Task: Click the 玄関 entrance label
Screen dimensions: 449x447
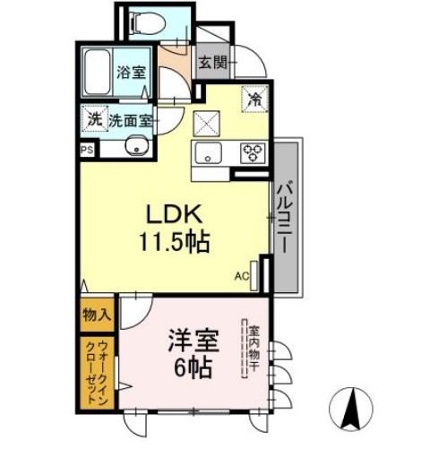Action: point(212,64)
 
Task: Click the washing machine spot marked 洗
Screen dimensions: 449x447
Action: point(93,118)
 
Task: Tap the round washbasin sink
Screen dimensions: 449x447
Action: point(137,147)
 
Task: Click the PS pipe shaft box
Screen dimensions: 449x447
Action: point(87,150)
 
